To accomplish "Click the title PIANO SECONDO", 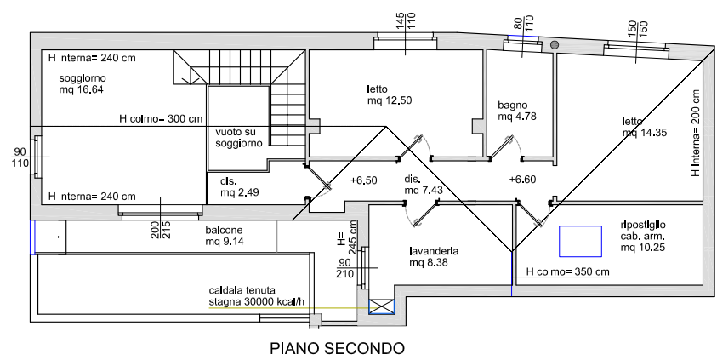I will coord(337,347).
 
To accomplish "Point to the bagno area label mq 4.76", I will coord(517,117).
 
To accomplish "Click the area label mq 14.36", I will coord(643,133).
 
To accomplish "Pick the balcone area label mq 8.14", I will coord(225,242).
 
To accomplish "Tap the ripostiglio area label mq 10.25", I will coord(642,248).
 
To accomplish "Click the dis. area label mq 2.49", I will coord(240,192).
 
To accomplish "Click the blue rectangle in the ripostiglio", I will coord(580,242).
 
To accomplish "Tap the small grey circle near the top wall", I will coord(554,45).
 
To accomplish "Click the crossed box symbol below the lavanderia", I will coord(380,306).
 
